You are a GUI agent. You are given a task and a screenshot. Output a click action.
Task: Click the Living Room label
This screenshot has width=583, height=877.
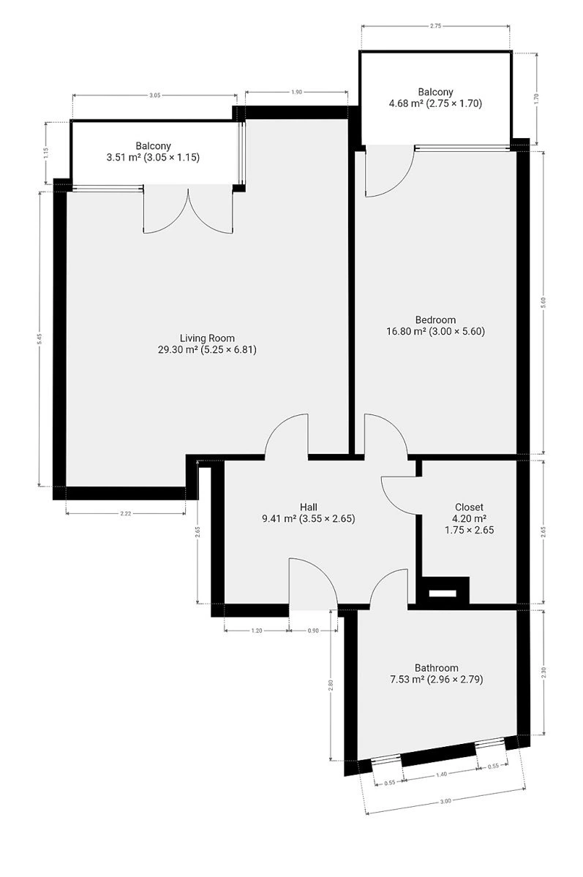point(207,338)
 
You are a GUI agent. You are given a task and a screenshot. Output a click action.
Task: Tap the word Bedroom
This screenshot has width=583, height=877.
point(435,320)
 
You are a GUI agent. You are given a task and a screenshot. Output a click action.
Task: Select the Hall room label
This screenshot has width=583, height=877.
point(309,507)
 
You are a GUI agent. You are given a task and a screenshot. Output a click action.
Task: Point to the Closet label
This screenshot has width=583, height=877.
point(469,507)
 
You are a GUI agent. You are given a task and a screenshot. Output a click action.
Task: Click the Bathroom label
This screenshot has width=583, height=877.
point(436,667)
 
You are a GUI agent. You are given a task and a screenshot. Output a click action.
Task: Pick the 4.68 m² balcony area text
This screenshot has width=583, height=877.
point(435,103)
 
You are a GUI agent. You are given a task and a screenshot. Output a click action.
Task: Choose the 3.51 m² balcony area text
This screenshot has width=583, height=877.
point(153,157)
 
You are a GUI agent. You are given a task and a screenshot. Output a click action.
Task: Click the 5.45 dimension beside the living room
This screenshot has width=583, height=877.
point(40,339)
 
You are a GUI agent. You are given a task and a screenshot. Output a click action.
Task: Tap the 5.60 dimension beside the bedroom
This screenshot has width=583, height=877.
point(543,303)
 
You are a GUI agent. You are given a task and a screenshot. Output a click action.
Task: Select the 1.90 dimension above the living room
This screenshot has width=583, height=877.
point(296,92)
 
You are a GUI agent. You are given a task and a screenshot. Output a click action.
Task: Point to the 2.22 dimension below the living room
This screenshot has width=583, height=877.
point(125,514)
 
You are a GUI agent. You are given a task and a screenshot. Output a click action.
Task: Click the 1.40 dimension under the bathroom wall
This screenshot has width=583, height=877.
point(441,774)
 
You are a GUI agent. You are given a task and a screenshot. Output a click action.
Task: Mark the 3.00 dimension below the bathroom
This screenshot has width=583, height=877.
point(445,801)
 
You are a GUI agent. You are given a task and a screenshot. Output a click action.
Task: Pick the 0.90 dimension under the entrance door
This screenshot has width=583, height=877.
point(313,631)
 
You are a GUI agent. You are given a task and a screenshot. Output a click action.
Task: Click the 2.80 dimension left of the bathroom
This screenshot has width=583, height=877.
point(331,686)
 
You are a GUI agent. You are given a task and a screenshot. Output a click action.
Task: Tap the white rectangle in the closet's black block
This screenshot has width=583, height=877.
point(443,593)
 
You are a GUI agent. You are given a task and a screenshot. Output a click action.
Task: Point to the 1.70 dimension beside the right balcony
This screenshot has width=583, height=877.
point(536,97)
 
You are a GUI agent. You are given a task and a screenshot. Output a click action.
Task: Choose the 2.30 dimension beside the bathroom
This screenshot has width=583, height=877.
point(543,672)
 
